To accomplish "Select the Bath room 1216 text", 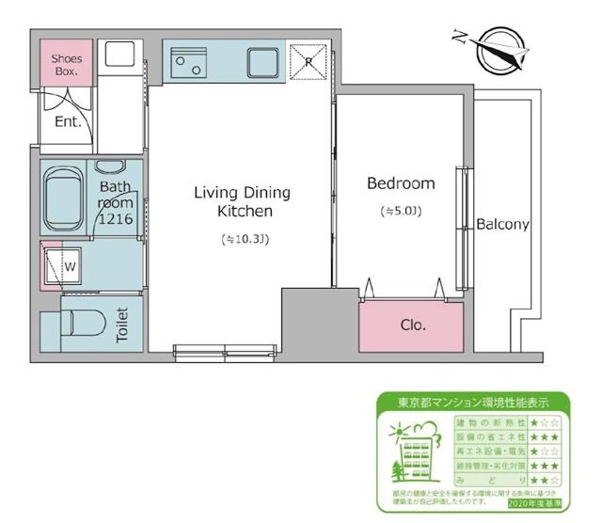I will [x=118, y=202].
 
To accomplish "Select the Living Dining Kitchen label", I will [x=242, y=201].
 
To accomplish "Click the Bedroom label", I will [x=401, y=183].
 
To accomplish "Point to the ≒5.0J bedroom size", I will [x=401, y=211].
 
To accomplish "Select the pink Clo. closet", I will [x=412, y=325].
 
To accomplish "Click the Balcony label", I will [x=502, y=225].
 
